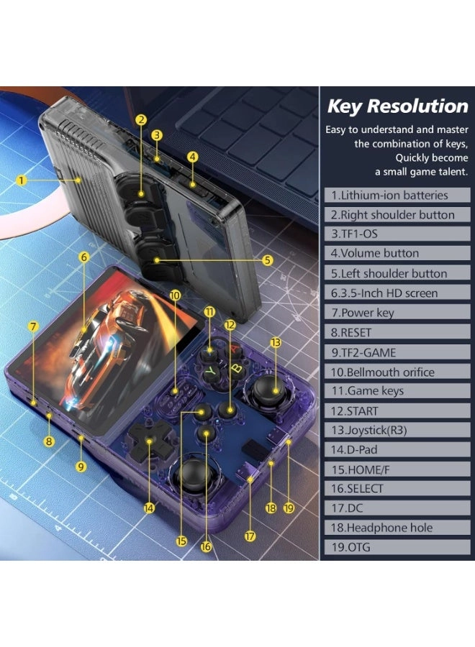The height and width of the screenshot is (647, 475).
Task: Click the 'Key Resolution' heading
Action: [x=397, y=106]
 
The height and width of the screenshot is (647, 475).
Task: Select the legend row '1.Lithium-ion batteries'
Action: [x=389, y=195]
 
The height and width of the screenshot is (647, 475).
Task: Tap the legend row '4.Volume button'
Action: [x=375, y=253]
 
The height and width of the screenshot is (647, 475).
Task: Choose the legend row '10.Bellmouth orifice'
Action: [x=383, y=372]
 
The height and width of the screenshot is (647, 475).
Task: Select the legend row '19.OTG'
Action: [x=353, y=547]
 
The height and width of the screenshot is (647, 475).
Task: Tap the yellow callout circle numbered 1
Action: [x=22, y=180]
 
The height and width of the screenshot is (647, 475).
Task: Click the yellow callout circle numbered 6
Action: [x=84, y=257]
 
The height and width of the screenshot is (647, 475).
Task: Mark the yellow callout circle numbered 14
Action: [x=149, y=508]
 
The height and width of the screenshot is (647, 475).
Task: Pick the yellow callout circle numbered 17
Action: [x=250, y=536]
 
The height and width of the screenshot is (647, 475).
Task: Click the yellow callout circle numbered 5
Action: [x=268, y=260]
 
